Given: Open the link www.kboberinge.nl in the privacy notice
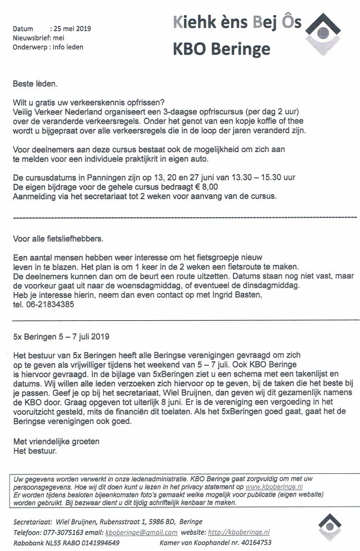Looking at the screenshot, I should pyautogui.click(x=274, y=485).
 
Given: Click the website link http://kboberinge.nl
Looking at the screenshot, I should pyautogui.click(x=238, y=532).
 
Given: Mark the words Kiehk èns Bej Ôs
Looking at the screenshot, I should pyautogui.click(x=236, y=23).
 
